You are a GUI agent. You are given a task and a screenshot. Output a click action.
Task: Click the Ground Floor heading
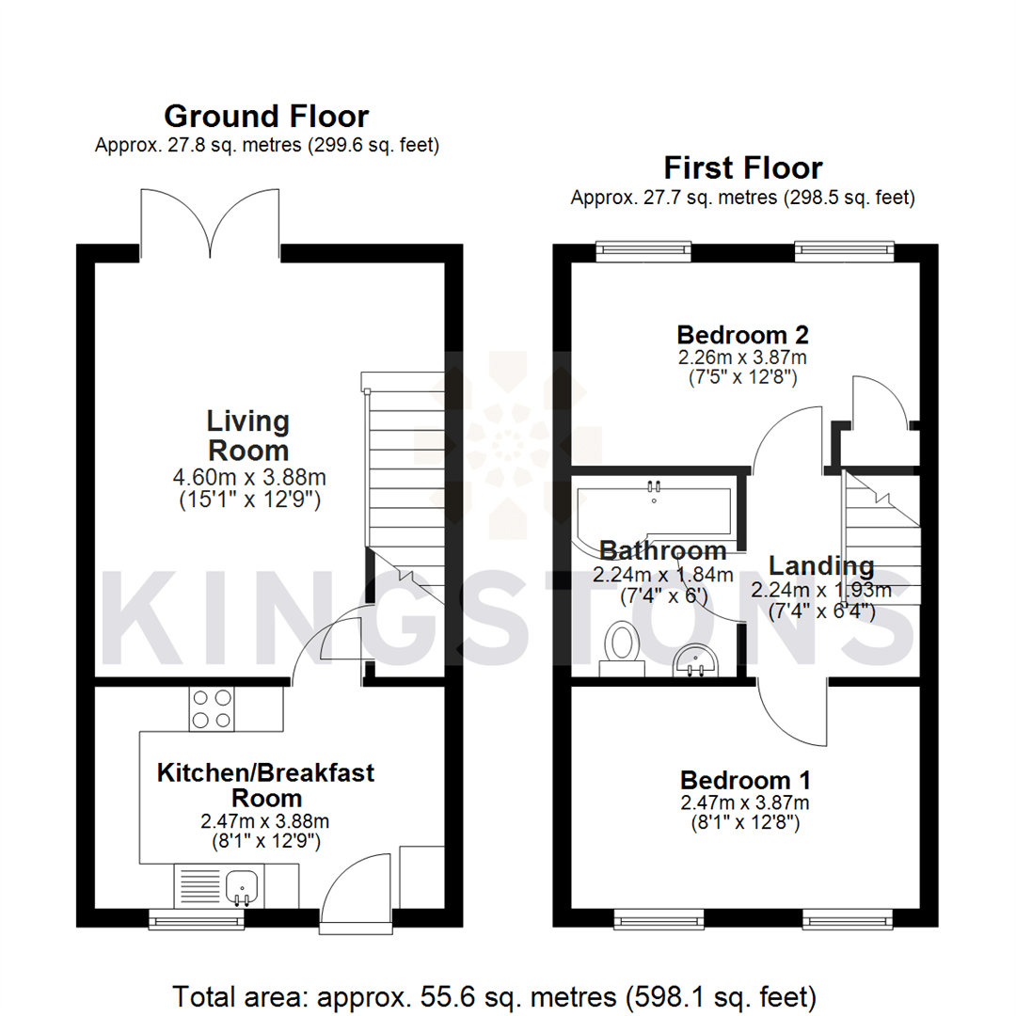(x=266, y=117)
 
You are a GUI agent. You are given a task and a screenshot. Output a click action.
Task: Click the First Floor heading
(x=742, y=168)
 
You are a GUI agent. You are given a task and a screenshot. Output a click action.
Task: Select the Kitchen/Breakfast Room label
(x=265, y=785)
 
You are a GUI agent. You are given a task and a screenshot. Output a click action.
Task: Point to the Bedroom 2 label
(x=743, y=334)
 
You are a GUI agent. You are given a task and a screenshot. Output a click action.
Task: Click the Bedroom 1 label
(x=745, y=780)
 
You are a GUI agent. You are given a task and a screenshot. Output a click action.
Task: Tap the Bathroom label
(x=663, y=550)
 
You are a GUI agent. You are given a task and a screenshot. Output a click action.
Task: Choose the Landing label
(x=820, y=566)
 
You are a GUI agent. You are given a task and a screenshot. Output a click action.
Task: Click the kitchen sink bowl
(x=244, y=885)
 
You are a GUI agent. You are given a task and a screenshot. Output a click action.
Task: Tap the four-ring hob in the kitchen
(x=212, y=709)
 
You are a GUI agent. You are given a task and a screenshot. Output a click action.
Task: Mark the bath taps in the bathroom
(x=655, y=486)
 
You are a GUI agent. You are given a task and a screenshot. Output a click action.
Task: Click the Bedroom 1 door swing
(x=789, y=715)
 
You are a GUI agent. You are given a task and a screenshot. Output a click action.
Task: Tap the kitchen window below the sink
(x=195, y=917)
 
